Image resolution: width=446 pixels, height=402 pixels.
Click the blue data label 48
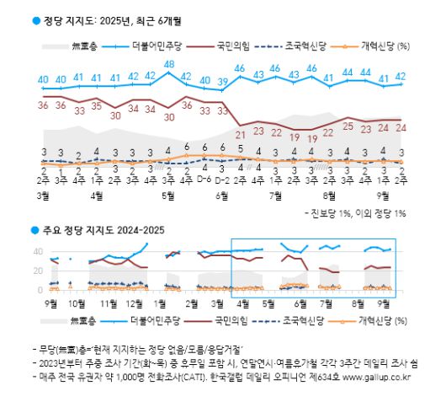169,64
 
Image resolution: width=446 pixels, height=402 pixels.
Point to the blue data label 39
223,82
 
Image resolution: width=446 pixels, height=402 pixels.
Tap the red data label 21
241,134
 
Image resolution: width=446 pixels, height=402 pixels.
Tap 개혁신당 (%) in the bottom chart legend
379,321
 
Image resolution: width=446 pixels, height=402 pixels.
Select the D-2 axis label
223,179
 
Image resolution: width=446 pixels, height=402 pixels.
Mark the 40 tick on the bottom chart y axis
37,251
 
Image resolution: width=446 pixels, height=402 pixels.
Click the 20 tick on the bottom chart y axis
37,271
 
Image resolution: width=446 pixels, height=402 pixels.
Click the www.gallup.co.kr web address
380,377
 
